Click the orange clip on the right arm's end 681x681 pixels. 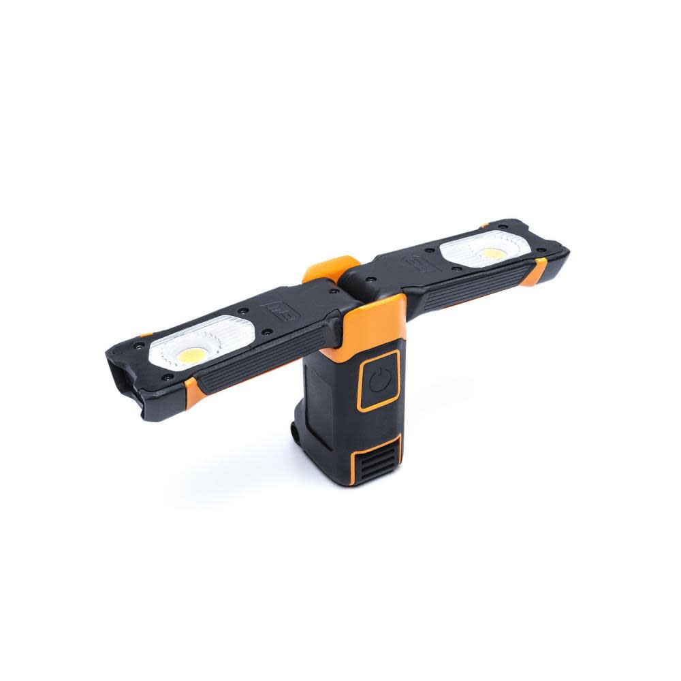pyautogui.click(x=537, y=270)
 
